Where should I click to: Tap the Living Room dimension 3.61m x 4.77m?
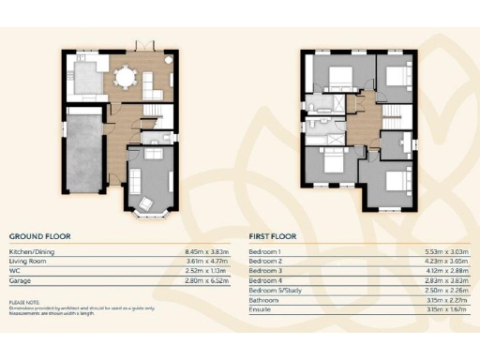(x=209, y=262)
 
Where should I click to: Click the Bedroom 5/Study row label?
(x=276, y=291)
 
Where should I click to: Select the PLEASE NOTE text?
(x=23, y=302)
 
